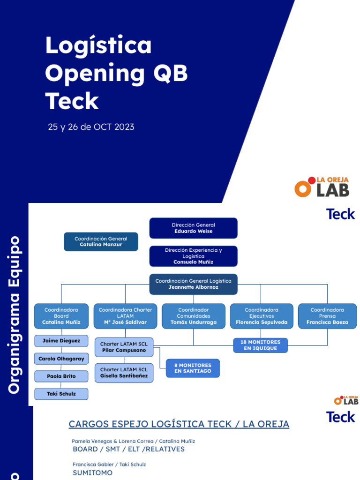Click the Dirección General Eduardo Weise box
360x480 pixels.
[x=193, y=228]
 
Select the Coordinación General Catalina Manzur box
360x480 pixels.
[x=101, y=241]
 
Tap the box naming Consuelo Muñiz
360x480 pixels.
[x=193, y=256]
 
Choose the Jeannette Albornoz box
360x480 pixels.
[x=193, y=284]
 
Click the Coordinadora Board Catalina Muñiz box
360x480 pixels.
[x=61, y=316]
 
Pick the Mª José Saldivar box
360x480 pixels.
[x=125, y=316]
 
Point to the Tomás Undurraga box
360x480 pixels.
[x=194, y=316]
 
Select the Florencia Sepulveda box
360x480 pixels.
[x=262, y=316]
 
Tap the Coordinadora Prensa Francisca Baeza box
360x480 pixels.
[x=327, y=316]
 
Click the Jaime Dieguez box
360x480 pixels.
[x=61, y=341]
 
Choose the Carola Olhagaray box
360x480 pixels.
[x=61, y=359]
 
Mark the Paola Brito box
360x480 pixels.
[x=61, y=376]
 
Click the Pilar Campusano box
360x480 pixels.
[x=124, y=347]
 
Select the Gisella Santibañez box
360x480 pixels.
[x=124, y=373]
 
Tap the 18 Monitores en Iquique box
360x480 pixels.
[x=260, y=345]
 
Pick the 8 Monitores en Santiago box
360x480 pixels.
[x=193, y=368]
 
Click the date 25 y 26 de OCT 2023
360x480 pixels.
[x=91, y=127]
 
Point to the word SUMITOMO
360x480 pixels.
[x=92, y=473]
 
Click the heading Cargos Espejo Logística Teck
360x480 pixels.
[x=179, y=424]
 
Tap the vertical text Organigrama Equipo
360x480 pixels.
[x=15, y=315]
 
